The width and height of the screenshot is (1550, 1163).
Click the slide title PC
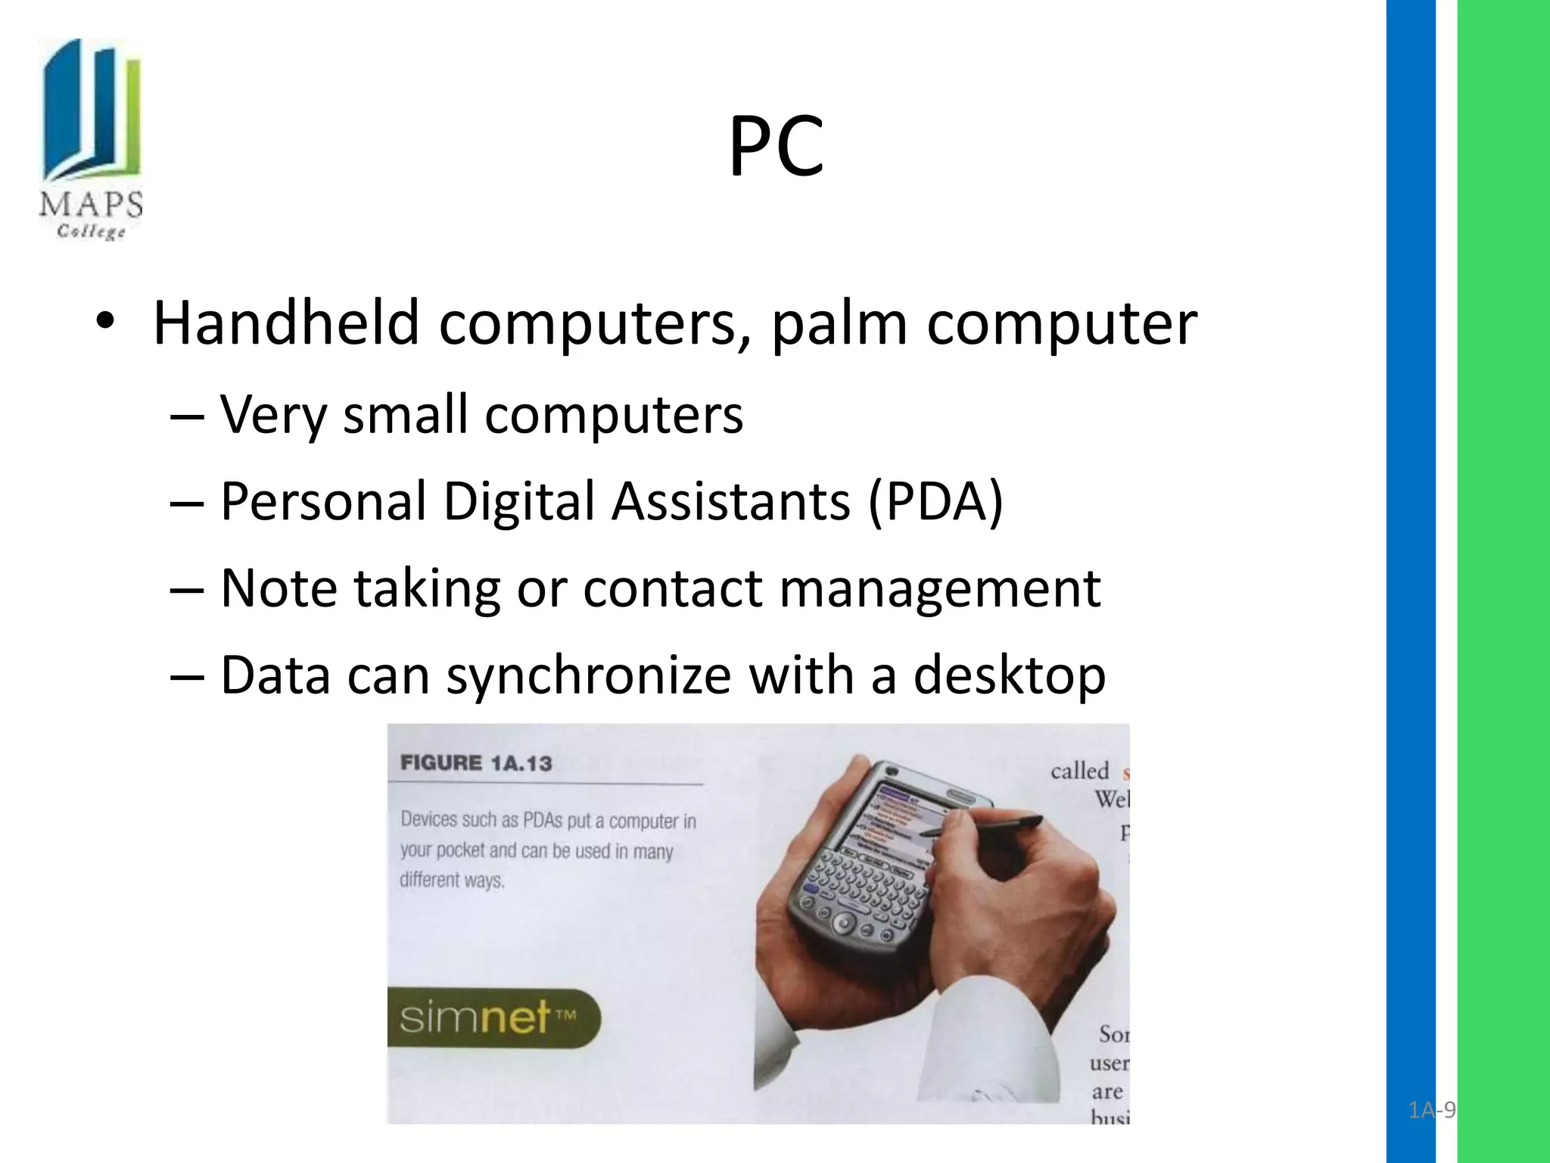coord(776,148)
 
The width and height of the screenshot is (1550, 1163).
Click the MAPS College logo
coord(91,140)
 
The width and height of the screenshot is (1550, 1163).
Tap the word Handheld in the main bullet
coord(286,323)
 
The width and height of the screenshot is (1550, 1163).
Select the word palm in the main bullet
coord(839,323)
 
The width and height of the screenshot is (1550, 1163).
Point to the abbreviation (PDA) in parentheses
coord(935,501)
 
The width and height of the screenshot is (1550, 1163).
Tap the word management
coord(939,588)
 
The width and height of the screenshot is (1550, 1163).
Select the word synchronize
coord(589,675)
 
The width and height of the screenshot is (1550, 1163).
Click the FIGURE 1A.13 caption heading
coord(476,762)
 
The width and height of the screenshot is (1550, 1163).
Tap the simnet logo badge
coord(492,1018)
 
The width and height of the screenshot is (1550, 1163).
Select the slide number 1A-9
coord(1431,1111)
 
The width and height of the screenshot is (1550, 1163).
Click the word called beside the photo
coord(1078,771)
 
